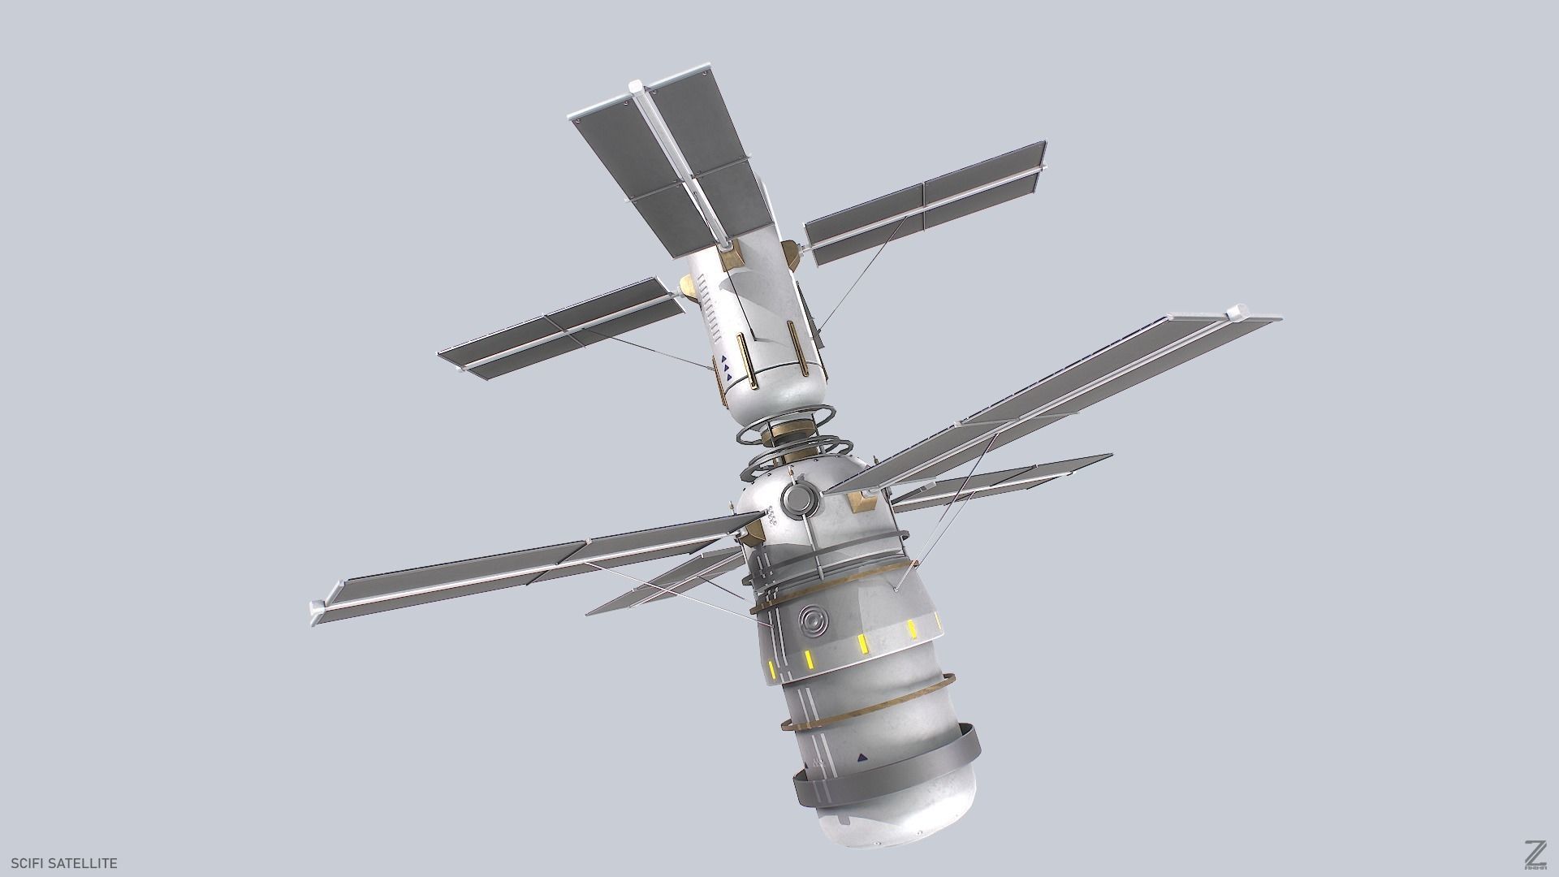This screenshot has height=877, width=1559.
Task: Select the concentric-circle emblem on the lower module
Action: pos(811,624)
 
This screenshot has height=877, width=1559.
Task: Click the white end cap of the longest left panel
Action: pos(317,610)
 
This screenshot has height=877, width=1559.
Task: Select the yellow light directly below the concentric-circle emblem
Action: pos(808,658)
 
